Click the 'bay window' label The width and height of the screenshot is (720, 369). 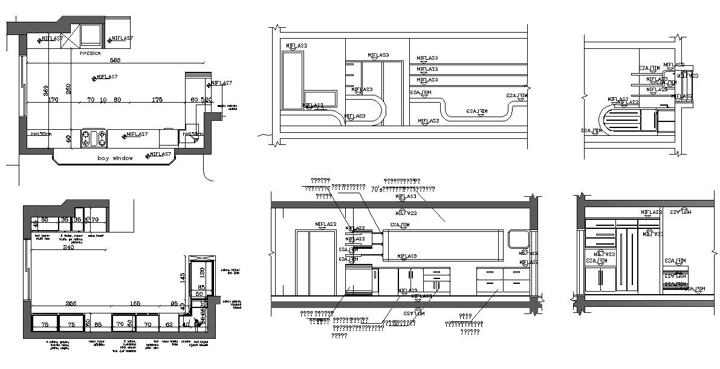pyautogui.click(x=115, y=158)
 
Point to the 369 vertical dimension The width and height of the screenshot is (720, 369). pyautogui.click(x=45, y=91)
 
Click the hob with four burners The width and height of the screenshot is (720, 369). pyautogui.click(x=94, y=137)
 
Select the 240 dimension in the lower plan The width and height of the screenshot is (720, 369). pyautogui.click(x=68, y=248)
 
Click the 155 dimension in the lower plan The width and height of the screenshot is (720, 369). pyautogui.click(x=135, y=304)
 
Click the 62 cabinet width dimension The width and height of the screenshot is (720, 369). pyautogui.click(x=169, y=324)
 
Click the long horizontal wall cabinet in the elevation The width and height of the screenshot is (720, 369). pyautogui.click(x=443, y=245)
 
